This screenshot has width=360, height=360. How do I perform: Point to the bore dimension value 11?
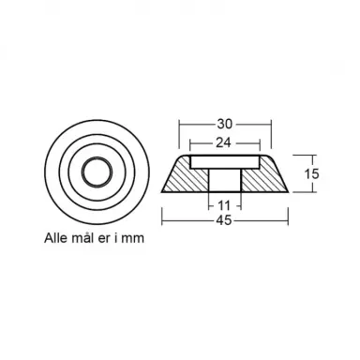pyautogui.click(x=225, y=202)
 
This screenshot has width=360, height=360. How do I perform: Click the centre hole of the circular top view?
pyautogui.click(x=93, y=174)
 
